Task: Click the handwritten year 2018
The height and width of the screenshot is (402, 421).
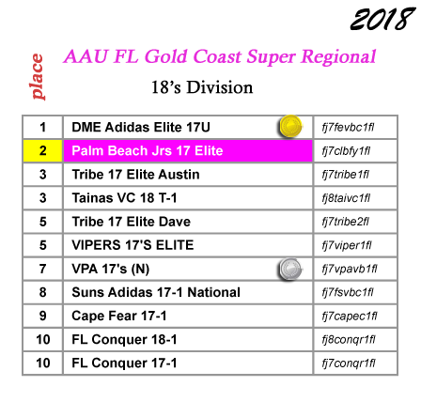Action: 382,19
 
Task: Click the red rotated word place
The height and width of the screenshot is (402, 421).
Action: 38,77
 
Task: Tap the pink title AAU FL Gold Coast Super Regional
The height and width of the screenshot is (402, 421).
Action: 220,56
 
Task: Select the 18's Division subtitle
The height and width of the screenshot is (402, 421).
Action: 202,87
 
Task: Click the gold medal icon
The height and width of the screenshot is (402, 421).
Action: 290,127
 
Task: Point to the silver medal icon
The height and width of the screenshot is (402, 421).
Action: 290,269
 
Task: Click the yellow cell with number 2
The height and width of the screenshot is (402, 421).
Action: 43,151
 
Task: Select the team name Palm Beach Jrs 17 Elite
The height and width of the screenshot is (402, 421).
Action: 148,151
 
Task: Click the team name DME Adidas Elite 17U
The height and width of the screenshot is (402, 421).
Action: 141,128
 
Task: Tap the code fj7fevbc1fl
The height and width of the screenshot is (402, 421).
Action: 348,128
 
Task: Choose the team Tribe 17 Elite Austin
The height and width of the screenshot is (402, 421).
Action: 135,175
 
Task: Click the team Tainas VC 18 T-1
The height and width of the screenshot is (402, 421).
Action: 124,198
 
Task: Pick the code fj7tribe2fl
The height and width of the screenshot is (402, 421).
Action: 346,222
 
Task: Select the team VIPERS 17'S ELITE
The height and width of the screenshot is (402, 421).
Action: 133,245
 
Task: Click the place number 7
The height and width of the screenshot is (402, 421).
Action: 43,269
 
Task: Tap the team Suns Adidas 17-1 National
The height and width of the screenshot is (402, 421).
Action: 156,292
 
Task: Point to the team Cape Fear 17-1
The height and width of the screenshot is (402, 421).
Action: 119,316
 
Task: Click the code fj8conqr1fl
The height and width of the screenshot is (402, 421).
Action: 349,340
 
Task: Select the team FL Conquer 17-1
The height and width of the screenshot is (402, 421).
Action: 124,363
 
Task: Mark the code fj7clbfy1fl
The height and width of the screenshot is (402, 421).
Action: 346,151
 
